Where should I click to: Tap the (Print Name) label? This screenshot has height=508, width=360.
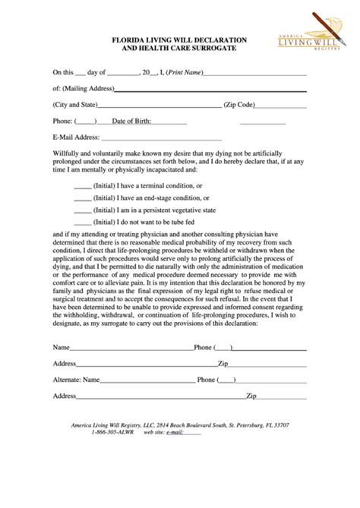[186, 73]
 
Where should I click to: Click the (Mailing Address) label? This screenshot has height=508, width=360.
[87, 89]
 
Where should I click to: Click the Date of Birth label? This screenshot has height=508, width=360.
[131, 121]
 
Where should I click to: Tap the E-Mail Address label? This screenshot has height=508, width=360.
[76, 137]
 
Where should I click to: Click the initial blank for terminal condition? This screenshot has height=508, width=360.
[82, 185]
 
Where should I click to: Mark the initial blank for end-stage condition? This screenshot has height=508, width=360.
[82, 197]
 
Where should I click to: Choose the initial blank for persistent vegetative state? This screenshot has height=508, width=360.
[82, 209]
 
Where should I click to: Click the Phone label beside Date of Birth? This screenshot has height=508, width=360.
[62, 121]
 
